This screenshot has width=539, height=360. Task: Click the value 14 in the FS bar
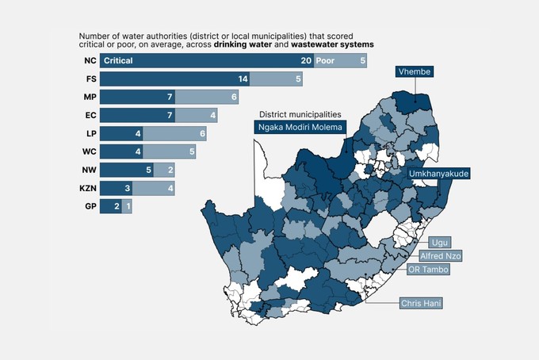coord(243,79)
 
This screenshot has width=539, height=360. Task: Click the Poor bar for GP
coord(128,207)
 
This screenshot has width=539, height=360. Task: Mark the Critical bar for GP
coord(112,207)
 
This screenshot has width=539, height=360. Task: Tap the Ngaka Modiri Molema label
coord(300,127)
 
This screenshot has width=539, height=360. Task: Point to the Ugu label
coord(438,242)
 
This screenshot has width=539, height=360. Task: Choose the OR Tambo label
coord(428,270)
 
